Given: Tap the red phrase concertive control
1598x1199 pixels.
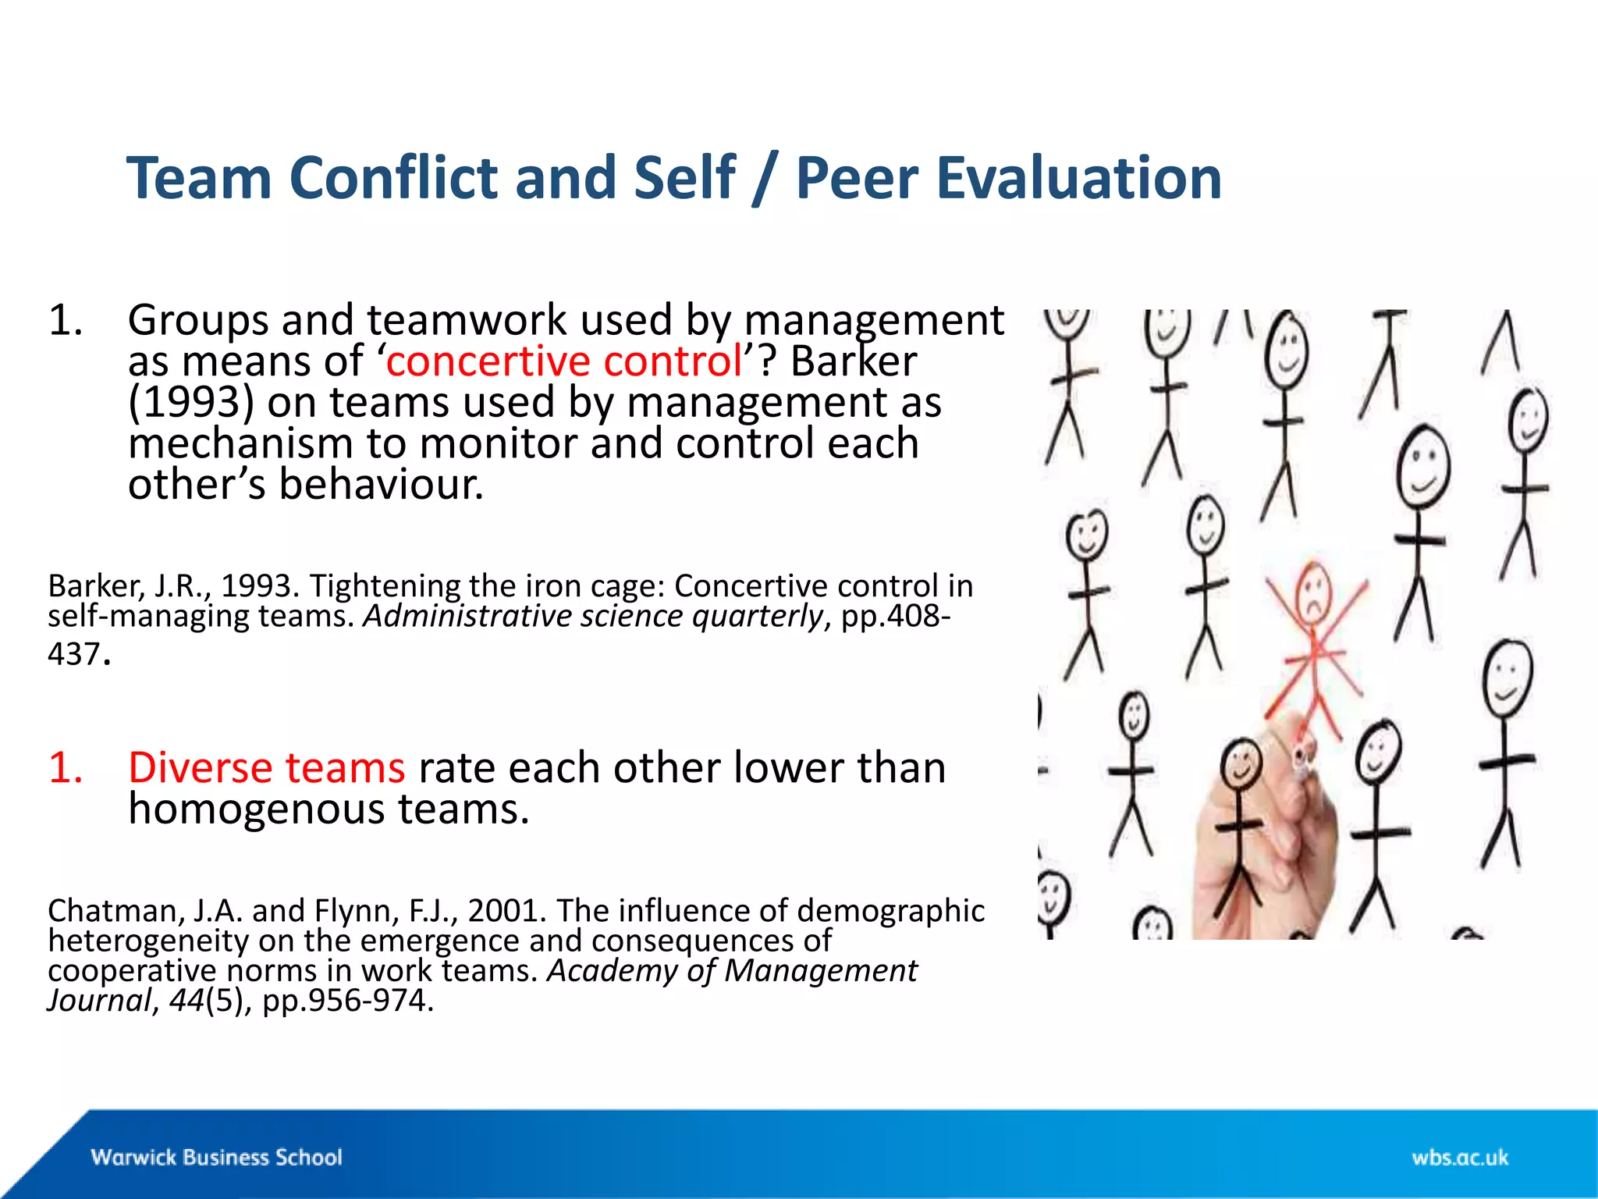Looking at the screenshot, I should (563, 361).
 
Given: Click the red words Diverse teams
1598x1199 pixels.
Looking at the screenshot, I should (266, 767).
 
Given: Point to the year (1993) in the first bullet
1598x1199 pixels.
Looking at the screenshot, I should (191, 403).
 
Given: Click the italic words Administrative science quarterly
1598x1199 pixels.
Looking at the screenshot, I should (593, 617).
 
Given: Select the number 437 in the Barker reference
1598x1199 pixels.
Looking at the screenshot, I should (73, 654).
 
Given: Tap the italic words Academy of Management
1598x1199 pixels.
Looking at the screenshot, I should (732, 971).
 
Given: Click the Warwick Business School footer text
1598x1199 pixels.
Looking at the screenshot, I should (216, 1157).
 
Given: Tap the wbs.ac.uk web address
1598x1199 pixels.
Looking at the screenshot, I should (1459, 1157).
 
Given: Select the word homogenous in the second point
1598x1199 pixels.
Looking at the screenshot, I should (256, 809).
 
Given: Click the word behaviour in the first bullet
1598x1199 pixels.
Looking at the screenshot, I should (381, 485).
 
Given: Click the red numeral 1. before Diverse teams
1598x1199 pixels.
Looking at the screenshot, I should (66, 767).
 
